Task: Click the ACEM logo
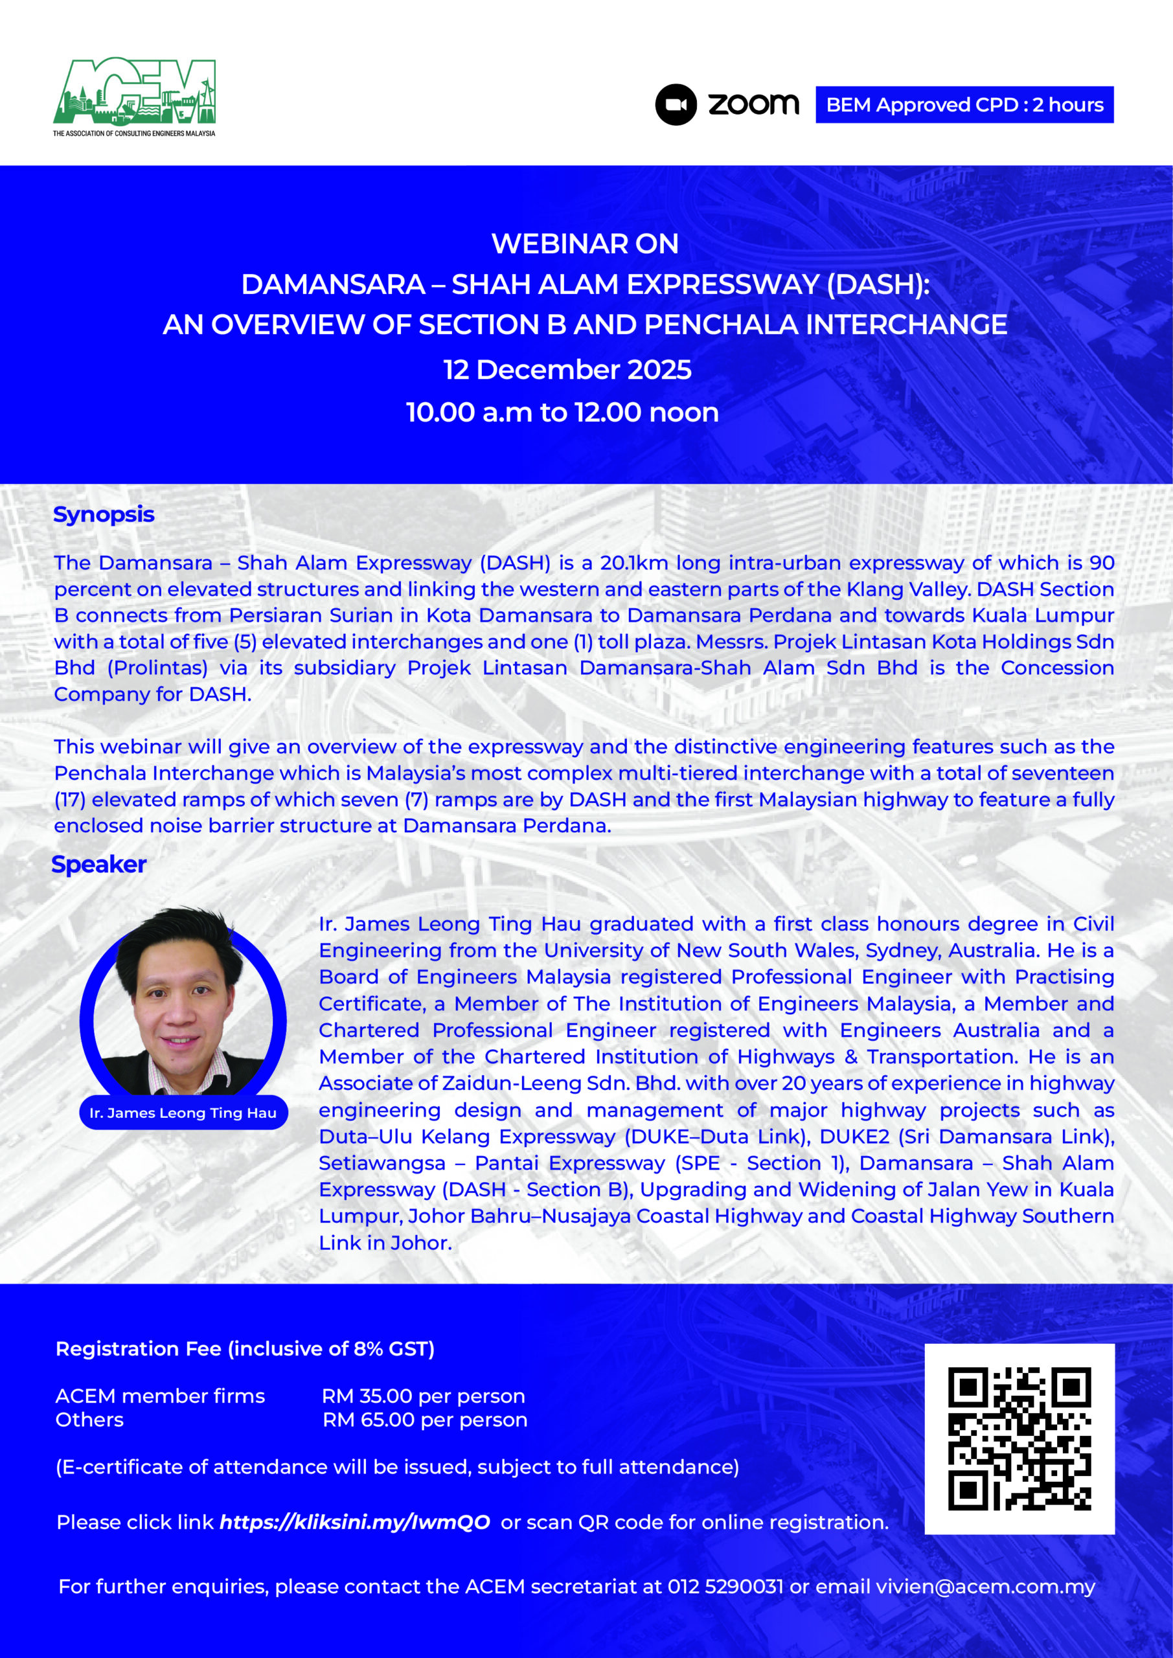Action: [134, 95]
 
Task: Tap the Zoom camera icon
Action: [676, 105]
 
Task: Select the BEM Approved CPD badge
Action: [964, 105]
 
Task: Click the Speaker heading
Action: [99, 865]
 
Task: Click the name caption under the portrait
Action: [183, 1113]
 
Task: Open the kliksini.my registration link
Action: [355, 1522]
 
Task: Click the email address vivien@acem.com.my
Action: [985, 1587]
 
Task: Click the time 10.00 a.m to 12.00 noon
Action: [562, 413]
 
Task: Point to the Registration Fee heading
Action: [245, 1349]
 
